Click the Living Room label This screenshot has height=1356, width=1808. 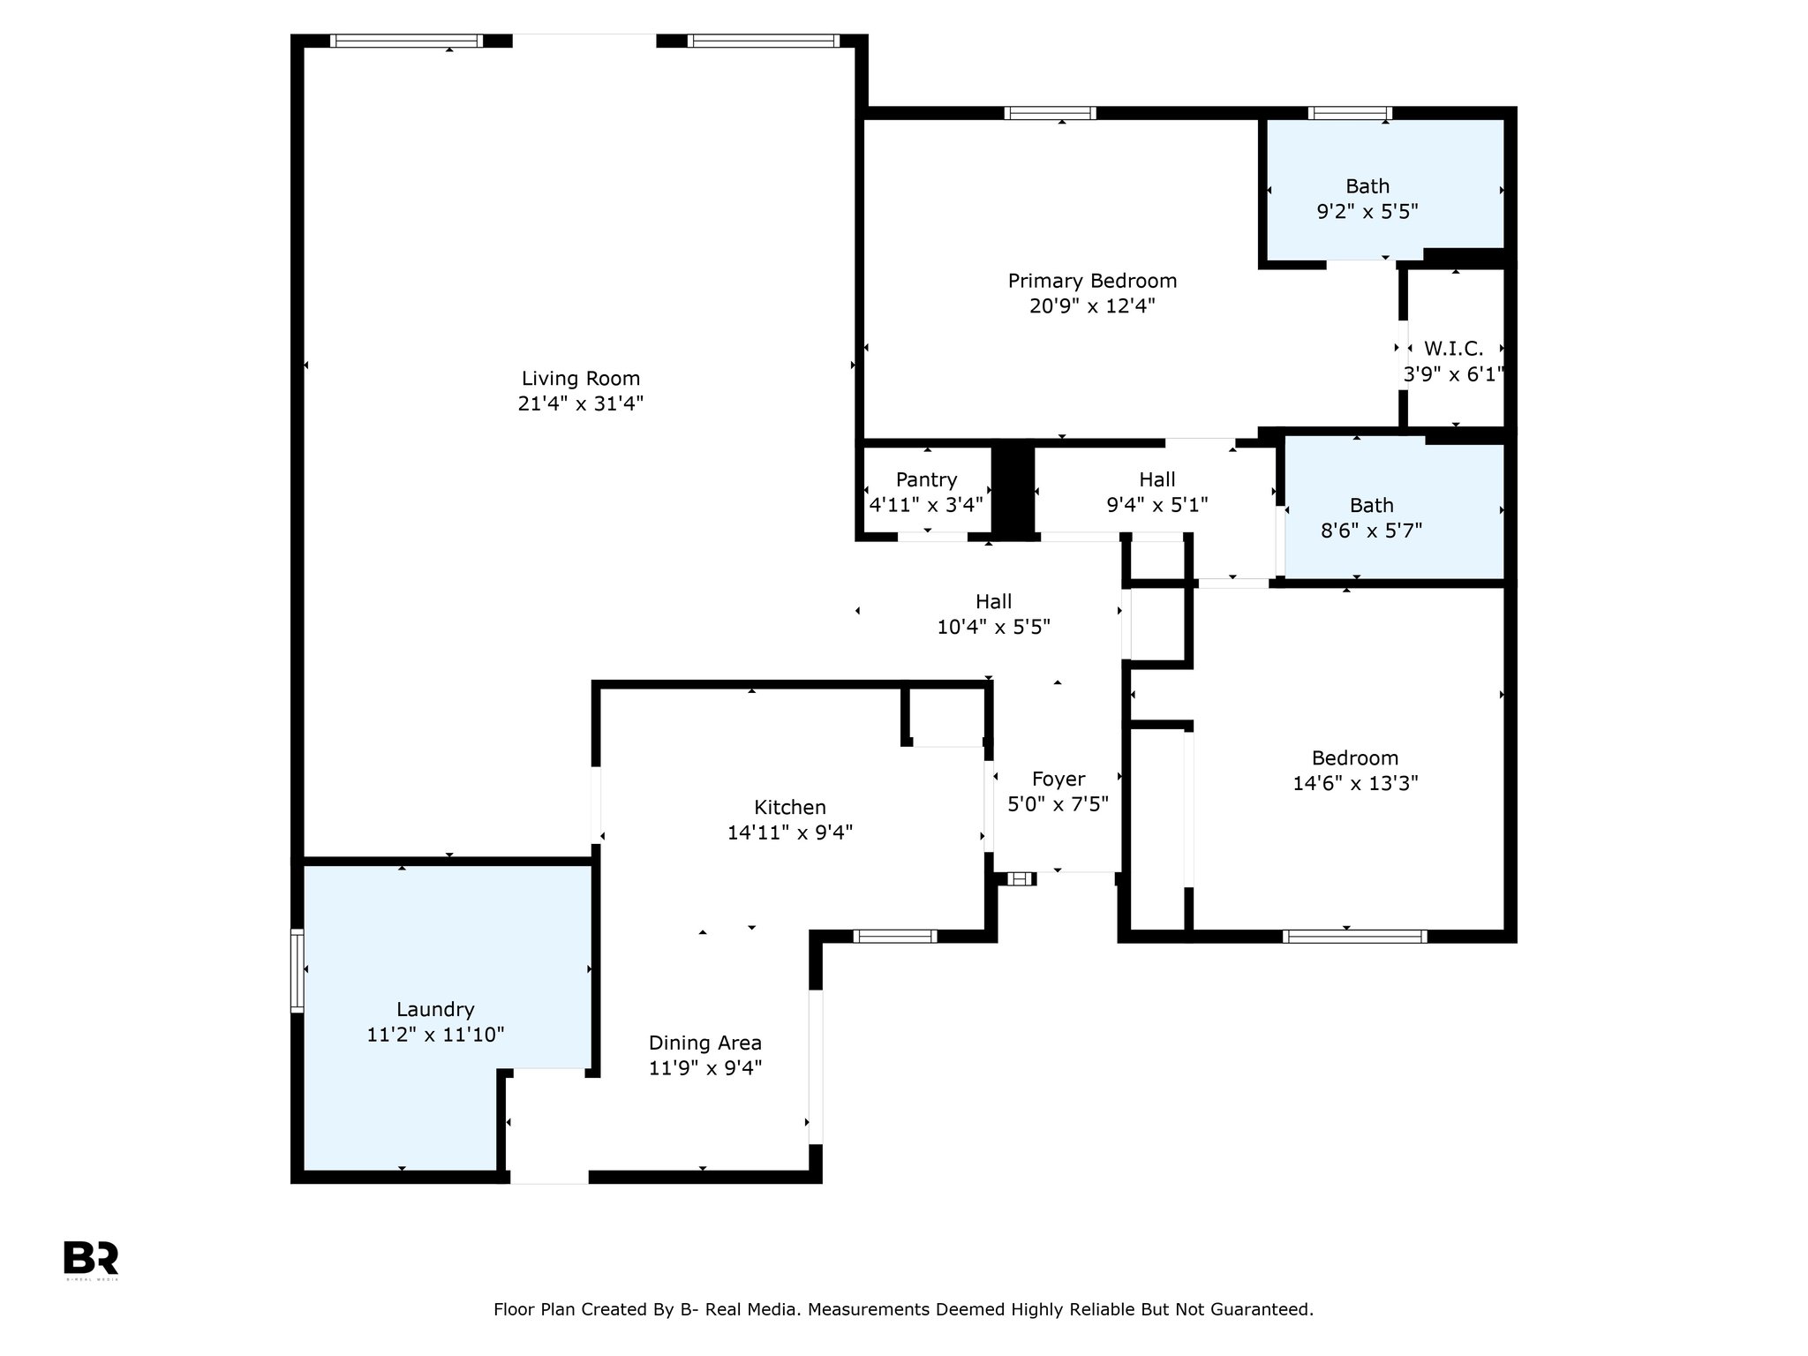click(x=580, y=379)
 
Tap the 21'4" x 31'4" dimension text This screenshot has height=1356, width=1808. click(x=580, y=404)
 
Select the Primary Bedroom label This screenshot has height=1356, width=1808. click(x=1092, y=281)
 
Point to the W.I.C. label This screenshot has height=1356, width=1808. click(x=1453, y=349)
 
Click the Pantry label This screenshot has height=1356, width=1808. click(x=926, y=479)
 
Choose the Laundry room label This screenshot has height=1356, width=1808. click(x=435, y=1009)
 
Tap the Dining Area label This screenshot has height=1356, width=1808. click(x=704, y=1043)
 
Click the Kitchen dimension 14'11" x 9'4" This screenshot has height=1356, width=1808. click(x=790, y=832)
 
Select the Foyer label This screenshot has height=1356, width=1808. click(x=1058, y=779)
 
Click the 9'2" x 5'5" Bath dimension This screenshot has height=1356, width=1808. click(x=1367, y=212)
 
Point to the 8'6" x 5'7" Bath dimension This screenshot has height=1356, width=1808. click(x=1371, y=531)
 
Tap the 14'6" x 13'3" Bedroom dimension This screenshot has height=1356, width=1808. click(x=1355, y=783)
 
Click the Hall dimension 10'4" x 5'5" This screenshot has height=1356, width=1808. click(x=993, y=627)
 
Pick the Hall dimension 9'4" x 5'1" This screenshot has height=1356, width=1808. click(x=1156, y=505)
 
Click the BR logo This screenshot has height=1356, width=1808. click(x=91, y=1258)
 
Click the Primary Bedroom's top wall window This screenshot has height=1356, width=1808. click(x=1051, y=113)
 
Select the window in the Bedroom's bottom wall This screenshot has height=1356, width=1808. click(x=1354, y=937)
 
